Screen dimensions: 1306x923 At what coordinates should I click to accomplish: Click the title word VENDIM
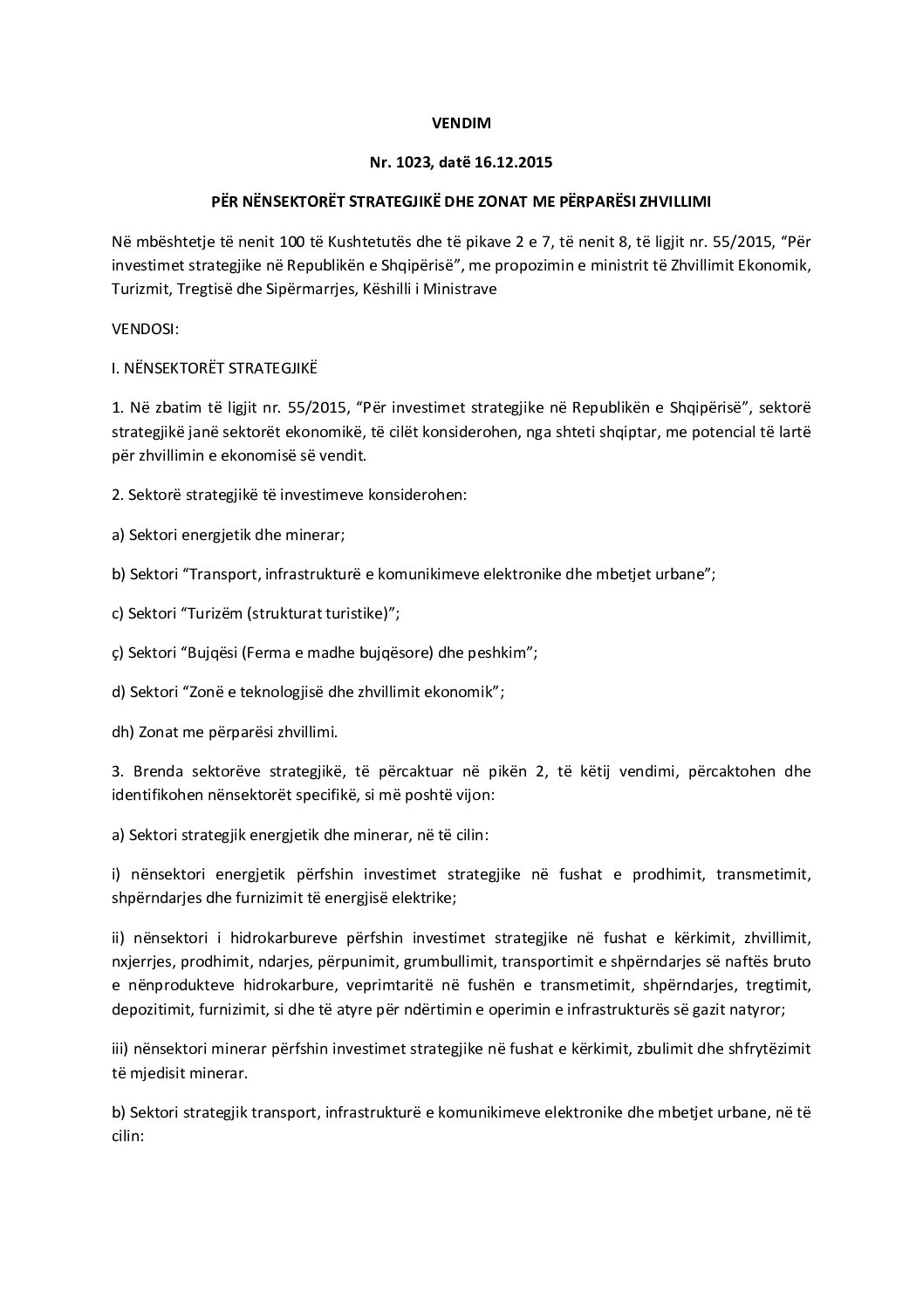[x=461, y=123]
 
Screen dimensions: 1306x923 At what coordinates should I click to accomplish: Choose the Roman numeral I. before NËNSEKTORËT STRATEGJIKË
[x=115, y=369]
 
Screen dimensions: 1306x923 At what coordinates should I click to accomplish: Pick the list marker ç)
[x=119, y=653]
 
